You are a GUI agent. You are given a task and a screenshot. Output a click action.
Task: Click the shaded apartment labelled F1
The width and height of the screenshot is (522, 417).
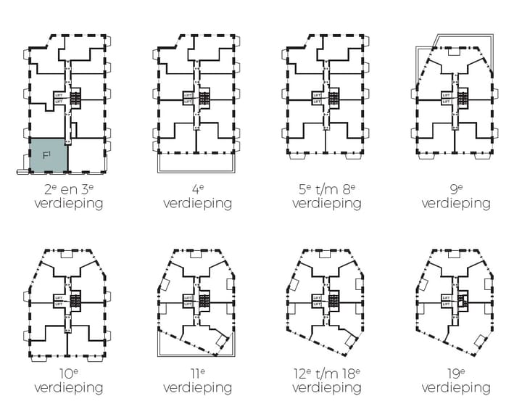click(x=49, y=155)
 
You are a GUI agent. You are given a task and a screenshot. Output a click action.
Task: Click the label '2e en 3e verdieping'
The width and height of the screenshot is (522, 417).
click(x=69, y=197)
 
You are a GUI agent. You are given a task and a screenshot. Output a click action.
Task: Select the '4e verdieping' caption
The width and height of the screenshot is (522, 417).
click(x=197, y=197)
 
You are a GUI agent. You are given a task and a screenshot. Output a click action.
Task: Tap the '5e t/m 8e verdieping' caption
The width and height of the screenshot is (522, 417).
click(x=326, y=197)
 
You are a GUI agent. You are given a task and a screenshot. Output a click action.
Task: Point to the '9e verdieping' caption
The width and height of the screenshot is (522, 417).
click(x=455, y=197)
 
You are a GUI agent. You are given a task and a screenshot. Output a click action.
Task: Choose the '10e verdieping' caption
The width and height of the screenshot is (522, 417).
click(x=69, y=381)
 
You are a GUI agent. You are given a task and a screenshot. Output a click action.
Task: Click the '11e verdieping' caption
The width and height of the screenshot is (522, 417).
click(x=197, y=381)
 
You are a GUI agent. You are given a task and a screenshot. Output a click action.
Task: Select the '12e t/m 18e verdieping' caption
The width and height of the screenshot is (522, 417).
click(x=326, y=381)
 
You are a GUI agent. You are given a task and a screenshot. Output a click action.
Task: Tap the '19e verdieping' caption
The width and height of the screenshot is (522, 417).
click(x=455, y=381)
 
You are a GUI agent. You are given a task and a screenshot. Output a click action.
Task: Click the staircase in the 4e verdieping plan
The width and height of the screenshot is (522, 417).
click(x=204, y=97)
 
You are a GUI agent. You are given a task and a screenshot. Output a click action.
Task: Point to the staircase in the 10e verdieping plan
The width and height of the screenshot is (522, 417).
click(x=75, y=297)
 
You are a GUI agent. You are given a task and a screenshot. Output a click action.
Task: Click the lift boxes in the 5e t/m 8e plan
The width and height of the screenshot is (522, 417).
click(x=318, y=98)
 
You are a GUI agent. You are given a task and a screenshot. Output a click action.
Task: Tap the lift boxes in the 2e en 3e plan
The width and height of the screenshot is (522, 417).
click(x=59, y=98)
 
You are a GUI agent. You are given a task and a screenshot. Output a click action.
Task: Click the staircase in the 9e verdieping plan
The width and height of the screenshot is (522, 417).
click(x=463, y=97)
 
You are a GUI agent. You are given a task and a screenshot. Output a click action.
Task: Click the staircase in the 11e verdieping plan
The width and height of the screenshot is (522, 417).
click(x=204, y=297)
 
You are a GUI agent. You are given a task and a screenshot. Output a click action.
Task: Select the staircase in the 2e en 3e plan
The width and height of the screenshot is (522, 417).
click(x=75, y=97)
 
